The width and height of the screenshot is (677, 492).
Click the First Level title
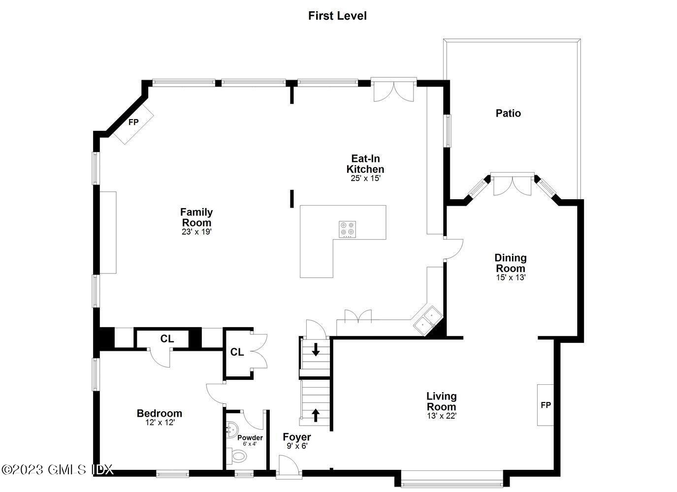point(337,16)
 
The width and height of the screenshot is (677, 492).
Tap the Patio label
point(508,113)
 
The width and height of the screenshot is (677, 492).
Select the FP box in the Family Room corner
point(133,123)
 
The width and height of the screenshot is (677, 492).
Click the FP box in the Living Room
point(546,405)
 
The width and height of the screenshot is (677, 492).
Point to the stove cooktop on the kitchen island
point(347,229)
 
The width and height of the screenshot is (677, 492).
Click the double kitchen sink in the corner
point(427,319)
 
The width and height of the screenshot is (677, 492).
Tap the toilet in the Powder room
point(238,457)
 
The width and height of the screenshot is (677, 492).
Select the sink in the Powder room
point(230,430)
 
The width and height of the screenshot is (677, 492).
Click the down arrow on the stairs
point(316,350)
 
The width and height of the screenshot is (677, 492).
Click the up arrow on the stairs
point(316,414)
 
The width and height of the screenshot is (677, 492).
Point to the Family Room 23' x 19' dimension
point(196,232)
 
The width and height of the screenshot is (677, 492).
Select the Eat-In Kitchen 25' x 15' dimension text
point(365,179)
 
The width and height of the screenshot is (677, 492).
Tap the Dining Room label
point(511,263)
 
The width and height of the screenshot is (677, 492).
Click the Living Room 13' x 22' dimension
point(442,416)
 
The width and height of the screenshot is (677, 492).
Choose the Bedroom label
point(160,413)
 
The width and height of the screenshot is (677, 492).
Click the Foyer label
point(297,437)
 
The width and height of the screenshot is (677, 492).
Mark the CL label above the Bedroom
point(167,339)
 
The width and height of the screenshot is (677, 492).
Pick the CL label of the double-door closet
point(237,352)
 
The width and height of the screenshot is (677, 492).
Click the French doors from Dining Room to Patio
point(513,184)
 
